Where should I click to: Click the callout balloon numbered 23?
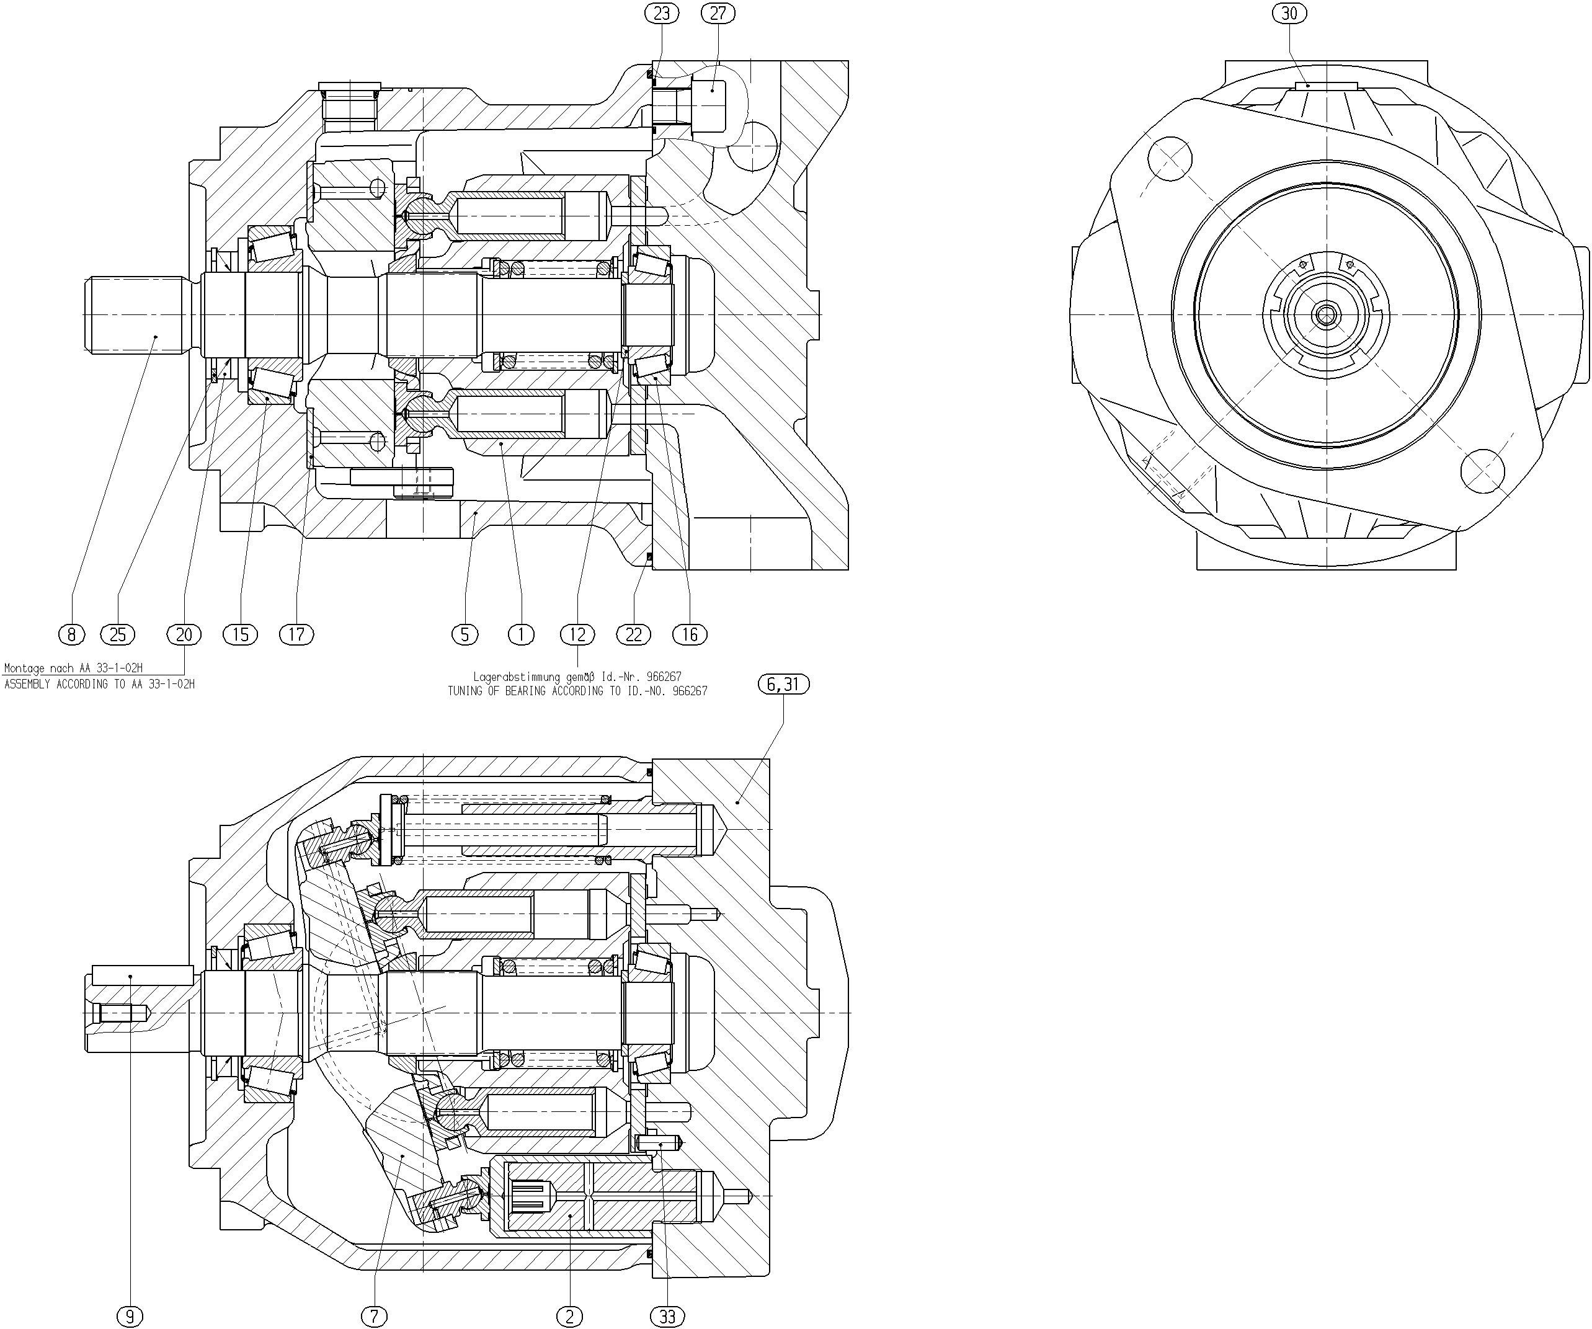coord(662,13)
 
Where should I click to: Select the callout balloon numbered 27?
coord(718,13)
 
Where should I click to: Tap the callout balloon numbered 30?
coord(1289,13)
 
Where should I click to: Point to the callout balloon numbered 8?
coord(72,634)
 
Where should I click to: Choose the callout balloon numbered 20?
coord(184,634)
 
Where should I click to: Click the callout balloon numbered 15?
coord(240,634)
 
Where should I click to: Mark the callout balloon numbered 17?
coord(296,634)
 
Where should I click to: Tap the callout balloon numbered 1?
coord(521,634)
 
